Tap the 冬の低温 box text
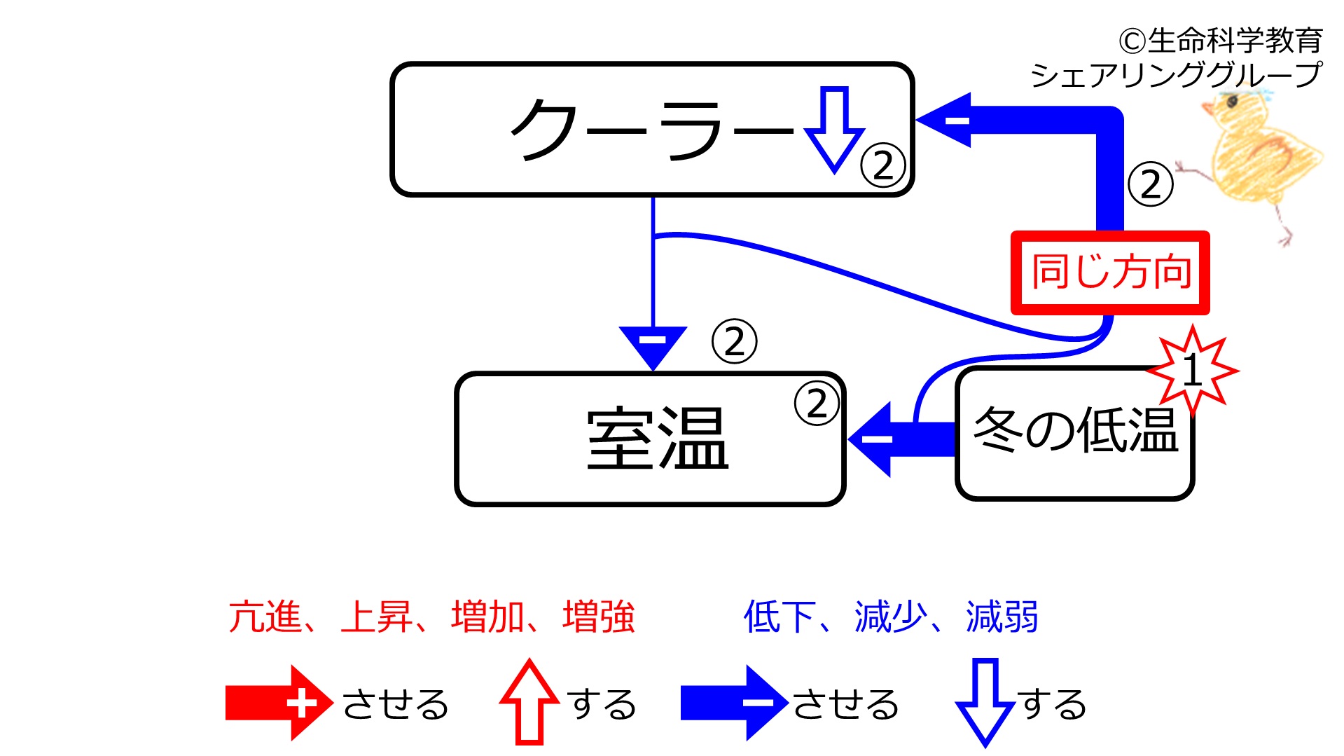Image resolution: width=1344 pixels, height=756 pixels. [1076, 429]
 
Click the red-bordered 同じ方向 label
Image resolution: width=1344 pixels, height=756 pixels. [1111, 273]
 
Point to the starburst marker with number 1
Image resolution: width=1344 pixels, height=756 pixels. [1193, 370]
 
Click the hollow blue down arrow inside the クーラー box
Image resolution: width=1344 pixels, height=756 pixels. [834, 130]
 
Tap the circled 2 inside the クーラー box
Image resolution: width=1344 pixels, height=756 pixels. [883, 166]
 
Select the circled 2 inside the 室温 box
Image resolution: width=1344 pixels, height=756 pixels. [817, 404]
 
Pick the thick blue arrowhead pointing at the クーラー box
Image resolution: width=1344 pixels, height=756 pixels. [943, 120]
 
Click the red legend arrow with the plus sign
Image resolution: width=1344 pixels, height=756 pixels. [279, 703]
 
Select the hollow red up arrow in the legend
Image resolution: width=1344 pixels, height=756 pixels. [529, 701]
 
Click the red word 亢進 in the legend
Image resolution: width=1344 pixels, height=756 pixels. [265, 617]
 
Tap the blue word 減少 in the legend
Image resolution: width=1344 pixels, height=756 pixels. [890, 617]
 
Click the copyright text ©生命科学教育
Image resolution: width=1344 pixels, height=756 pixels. [1220, 41]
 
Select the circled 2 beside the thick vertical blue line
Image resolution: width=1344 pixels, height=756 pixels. [1151, 184]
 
